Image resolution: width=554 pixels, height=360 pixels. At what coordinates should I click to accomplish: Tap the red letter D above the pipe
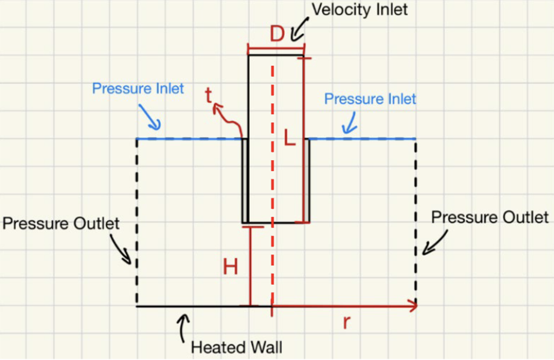pyautogui.click(x=276, y=34)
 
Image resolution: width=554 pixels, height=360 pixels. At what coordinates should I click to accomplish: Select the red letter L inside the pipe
pyautogui.click(x=290, y=139)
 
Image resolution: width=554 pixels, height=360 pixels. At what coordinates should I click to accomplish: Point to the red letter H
pyautogui.click(x=230, y=266)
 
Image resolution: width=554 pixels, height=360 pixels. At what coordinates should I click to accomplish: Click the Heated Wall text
pyautogui.click(x=236, y=347)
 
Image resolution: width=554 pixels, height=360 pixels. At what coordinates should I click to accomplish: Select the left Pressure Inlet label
pyautogui.click(x=138, y=88)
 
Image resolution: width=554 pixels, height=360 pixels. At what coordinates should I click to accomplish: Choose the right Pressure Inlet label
pyautogui.click(x=370, y=99)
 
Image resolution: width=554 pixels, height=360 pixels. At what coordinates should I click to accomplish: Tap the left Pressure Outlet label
pyautogui.click(x=61, y=224)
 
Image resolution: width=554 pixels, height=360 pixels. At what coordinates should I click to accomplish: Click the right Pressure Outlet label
pyautogui.click(x=490, y=217)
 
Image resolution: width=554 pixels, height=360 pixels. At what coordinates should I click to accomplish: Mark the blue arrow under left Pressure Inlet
pyautogui.click(x=150, y=117)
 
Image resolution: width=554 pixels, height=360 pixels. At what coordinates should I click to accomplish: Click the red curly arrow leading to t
pyautogui.click(x=229, y=117)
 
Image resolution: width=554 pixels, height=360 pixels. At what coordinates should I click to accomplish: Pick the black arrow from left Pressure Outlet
pyautogui.click(x=122, y=249)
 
